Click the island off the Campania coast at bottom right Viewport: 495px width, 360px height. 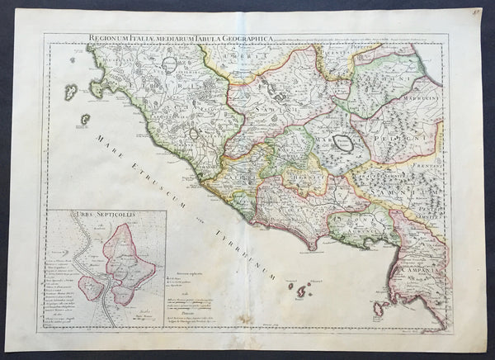pos(380,310)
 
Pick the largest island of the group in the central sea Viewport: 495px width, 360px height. pos(301,291)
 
